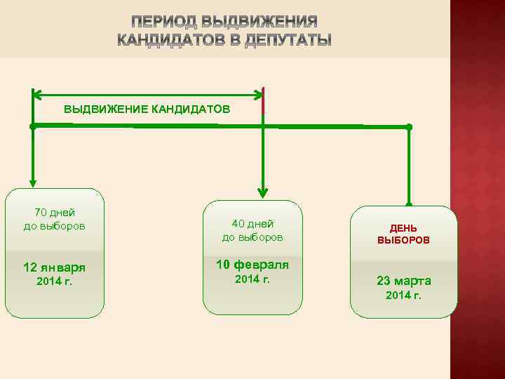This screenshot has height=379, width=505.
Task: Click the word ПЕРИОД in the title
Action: [x=161, y=20]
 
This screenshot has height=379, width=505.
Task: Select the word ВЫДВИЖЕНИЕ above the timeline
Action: [x=105, y=109]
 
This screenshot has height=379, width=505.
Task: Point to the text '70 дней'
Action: [x=55, y=212]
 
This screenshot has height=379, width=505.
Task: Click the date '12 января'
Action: [x=55, y=267]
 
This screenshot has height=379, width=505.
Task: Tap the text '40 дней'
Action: [x=252, y=223]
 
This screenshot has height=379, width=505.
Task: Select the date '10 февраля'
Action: [x=252, y=265]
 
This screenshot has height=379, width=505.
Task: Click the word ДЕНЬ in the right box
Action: [x=403, y=228]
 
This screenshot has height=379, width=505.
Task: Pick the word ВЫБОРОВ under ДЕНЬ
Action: [x=403, y=240]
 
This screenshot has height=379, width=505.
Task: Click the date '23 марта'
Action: [x=403, y=281]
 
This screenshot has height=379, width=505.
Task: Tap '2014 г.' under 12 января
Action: [x=55, y=281]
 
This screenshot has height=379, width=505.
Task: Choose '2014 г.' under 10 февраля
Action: [x=252, y=279]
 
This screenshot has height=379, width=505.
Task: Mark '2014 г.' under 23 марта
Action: [x=403, y=295]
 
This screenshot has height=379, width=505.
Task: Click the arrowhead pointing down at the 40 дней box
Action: [x=263, y=192]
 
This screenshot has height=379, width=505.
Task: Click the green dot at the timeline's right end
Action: [x=410, y=127]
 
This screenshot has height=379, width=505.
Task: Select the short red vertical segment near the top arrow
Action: [x=263, y=104]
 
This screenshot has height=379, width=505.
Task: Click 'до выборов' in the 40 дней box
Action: [x=252, y=237]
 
